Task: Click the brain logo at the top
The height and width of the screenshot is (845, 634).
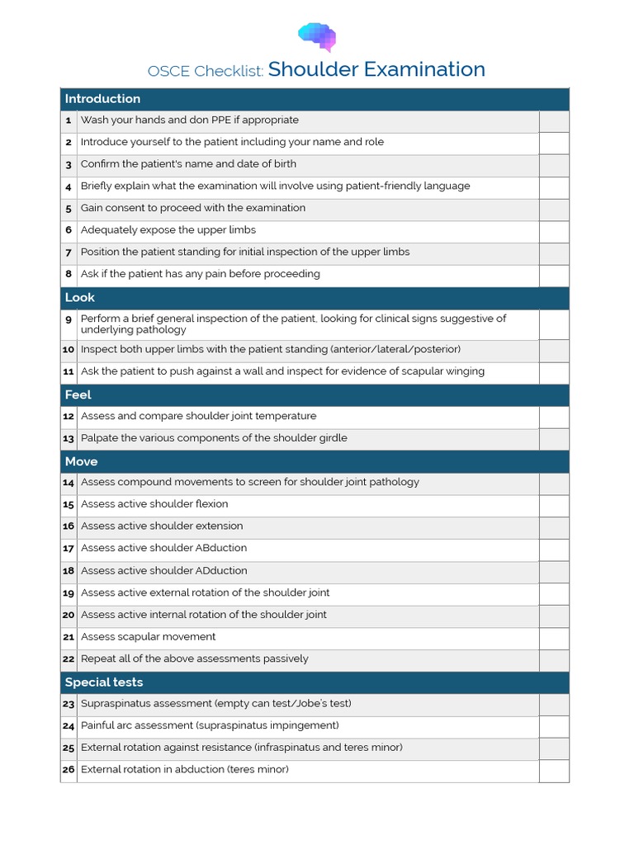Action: pyautogui.click(x=317, y=37)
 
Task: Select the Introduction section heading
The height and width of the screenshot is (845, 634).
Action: pyautogui.click(x=102, y=99)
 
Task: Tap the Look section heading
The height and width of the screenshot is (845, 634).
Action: pyautogui.click(x=80, y=298)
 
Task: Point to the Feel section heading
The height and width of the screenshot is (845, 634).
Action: pyautogui.click(x=78, y=395)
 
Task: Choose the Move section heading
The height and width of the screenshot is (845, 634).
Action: pyautogui.click(x=81, y=462)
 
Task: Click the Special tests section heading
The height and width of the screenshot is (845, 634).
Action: pyautogui.click(x=104, y=682)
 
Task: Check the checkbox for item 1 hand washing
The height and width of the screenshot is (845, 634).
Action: pyautogui.click(x=554, y=121)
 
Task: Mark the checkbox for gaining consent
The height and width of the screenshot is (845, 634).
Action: pyautogui.click(x=554, y=209)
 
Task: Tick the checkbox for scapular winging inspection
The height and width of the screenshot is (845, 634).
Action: pyautogui.click(x=554, y=372)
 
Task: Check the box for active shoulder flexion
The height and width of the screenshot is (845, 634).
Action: pyautogui.click(x=554, y=505)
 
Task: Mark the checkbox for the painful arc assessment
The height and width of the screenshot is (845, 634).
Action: pyautogui.click(x=554, y=726)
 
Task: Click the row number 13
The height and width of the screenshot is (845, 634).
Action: pyautogui.click(x=69, y=439)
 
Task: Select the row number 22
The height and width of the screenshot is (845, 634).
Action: pyautogui.click(x=69, y=659)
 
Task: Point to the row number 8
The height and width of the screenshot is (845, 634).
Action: pyautogui.click(x=69, y=275)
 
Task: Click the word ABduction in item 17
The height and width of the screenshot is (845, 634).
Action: pyautogui.click(x=219, y=548)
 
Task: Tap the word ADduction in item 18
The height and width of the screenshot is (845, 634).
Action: pyautogui.click(x=219, y=571)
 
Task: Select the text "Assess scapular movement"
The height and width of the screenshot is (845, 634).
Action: pyautogui.click(x=149, y=637)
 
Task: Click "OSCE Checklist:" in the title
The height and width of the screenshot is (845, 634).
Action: pyautogui.click(x=206, y=72)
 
